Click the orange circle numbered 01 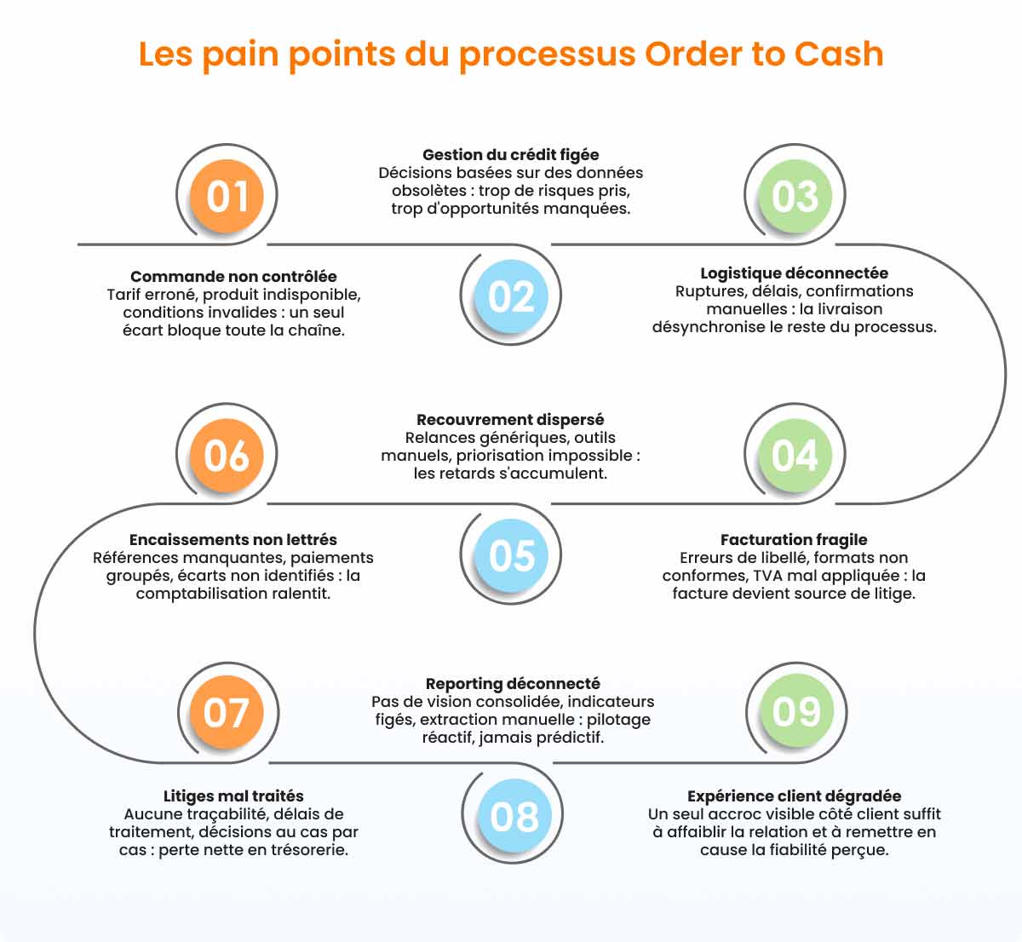coord(227,196)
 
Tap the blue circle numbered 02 coord(511,296)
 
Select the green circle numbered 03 coord(795,196)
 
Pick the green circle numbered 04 coord(795,455)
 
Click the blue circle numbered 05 coord(511,555)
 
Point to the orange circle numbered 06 coord(227,455)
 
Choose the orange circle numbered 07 coord(227,712)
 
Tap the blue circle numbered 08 coord(514,817)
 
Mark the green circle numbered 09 coord(797,711)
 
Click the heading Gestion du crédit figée coord(510,154)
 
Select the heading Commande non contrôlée coord(233,276)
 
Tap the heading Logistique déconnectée coord(795,273)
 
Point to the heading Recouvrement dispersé coord(510,420)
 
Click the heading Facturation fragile coord(794,539)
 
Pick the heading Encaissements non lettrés coord(233,539)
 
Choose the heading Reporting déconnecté coord(513,684)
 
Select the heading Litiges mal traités coord(233,796)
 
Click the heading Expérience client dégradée coord(795,796)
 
